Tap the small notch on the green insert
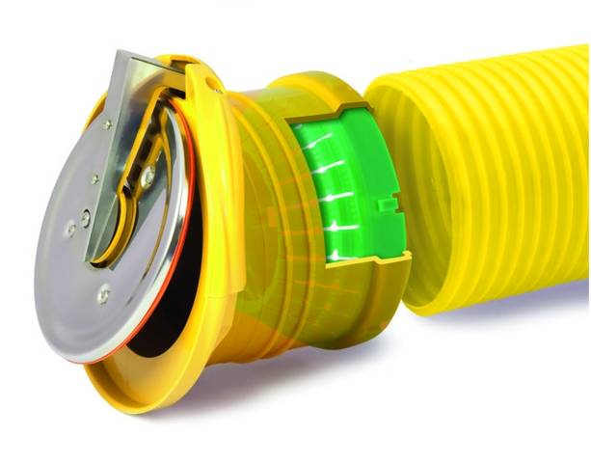[390, 204]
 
